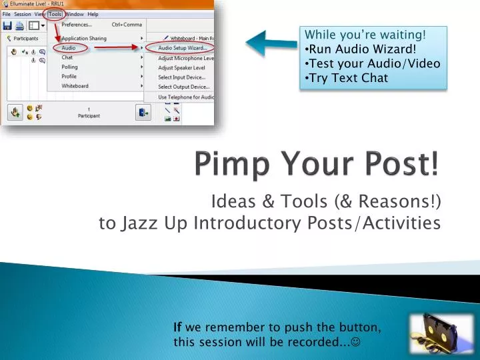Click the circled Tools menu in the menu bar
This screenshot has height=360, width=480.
(x=54, y=14)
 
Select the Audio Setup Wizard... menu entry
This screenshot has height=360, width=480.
(x=182, y=48)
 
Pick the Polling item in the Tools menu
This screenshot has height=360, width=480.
(x=69, y=67)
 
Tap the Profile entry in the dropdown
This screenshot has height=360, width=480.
(x=69, y=77)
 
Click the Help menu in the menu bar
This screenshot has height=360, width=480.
(x=93, y=14)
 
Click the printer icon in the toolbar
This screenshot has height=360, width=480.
(x=20, y=26)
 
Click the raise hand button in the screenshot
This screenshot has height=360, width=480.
(x=14, y=112)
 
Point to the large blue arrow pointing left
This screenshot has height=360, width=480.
(x=270, y=44)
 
